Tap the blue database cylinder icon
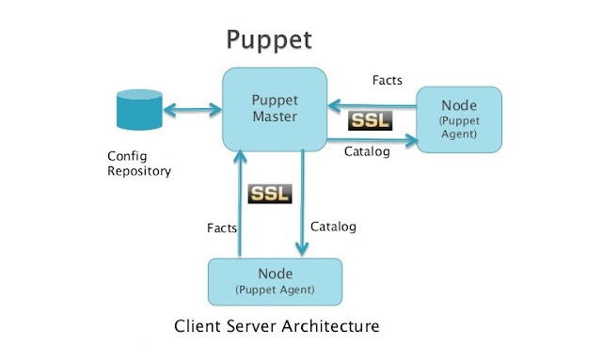[x=137, y=110]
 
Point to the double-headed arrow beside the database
[x=192, y=111]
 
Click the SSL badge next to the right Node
[x=370, y=120]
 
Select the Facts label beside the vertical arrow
[x=221, y=227]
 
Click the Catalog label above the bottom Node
[x=333, y=227]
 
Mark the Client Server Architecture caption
[x=277, y=327]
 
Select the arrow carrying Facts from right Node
[x=372, y=105]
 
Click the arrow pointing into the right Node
[x=372, y=141]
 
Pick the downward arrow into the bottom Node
[x=300, y=202]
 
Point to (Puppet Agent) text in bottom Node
[x=275, y=290]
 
